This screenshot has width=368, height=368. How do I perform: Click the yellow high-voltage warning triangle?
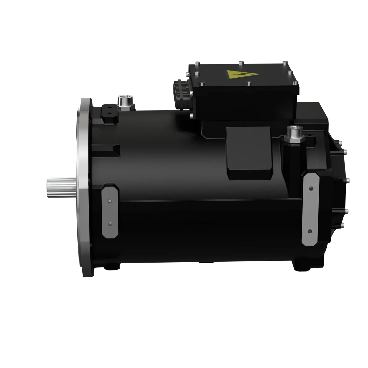coord(234,75)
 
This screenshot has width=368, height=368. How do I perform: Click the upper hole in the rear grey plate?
coord(310,189)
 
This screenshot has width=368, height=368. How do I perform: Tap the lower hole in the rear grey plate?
coord(310,231)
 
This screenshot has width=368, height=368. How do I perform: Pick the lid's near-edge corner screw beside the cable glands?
coord(202,84)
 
